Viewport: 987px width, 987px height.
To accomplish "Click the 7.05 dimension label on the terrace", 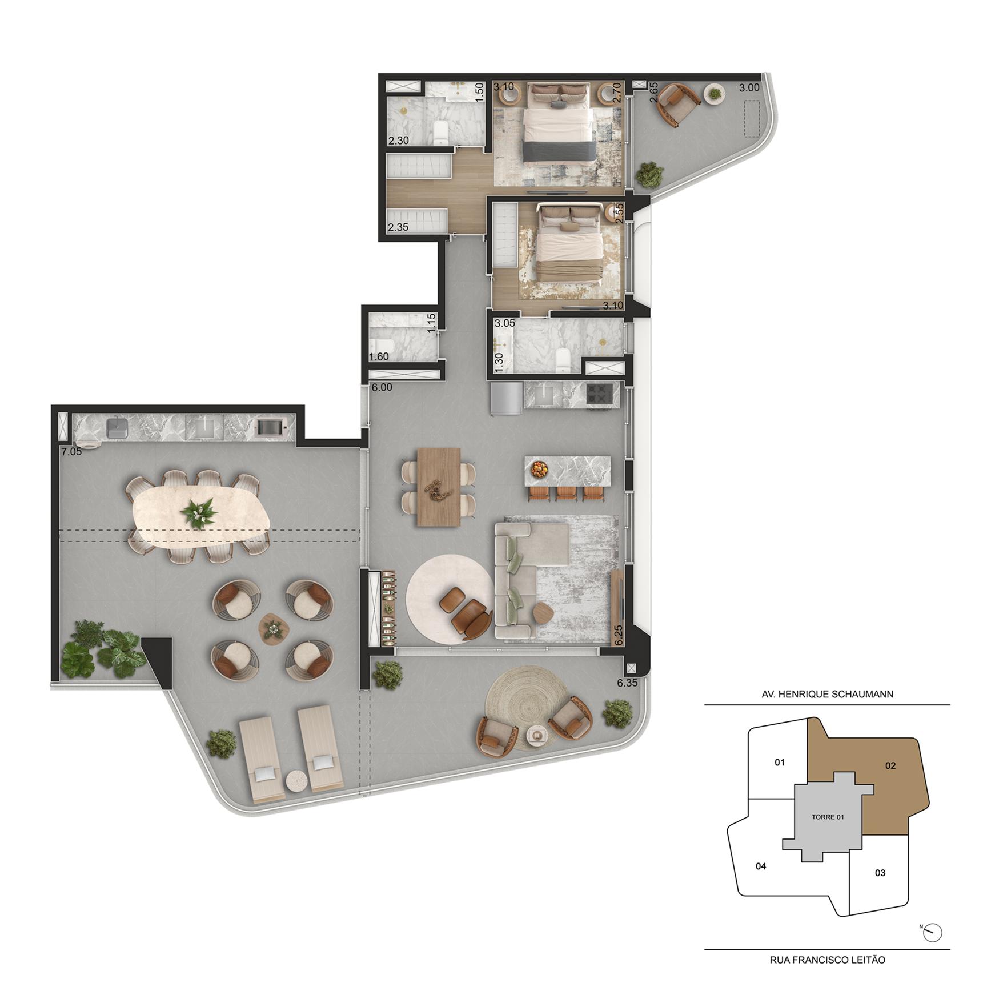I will pos(71,451).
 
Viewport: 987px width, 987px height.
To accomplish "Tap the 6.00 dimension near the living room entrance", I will pos(382,387).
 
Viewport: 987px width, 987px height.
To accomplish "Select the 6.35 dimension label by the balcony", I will pos(627,683).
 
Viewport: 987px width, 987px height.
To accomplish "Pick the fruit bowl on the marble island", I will pos(539,469).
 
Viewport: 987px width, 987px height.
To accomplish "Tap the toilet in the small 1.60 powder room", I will pos(380,346).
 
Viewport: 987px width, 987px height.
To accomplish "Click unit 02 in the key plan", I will pos(890,766).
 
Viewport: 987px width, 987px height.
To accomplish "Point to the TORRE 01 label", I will pos(828,817).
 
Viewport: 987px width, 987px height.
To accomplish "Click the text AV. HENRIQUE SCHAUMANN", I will pos(827,695).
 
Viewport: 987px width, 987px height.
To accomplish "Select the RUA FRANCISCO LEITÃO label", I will pos(827,960).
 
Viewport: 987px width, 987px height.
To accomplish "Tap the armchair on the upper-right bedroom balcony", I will pos(676,103).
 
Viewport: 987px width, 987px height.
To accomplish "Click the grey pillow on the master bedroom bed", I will pos(559,103).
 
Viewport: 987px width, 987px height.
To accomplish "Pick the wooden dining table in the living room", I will pos(439,487).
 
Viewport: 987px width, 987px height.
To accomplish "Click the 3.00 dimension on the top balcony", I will pos(749,87).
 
